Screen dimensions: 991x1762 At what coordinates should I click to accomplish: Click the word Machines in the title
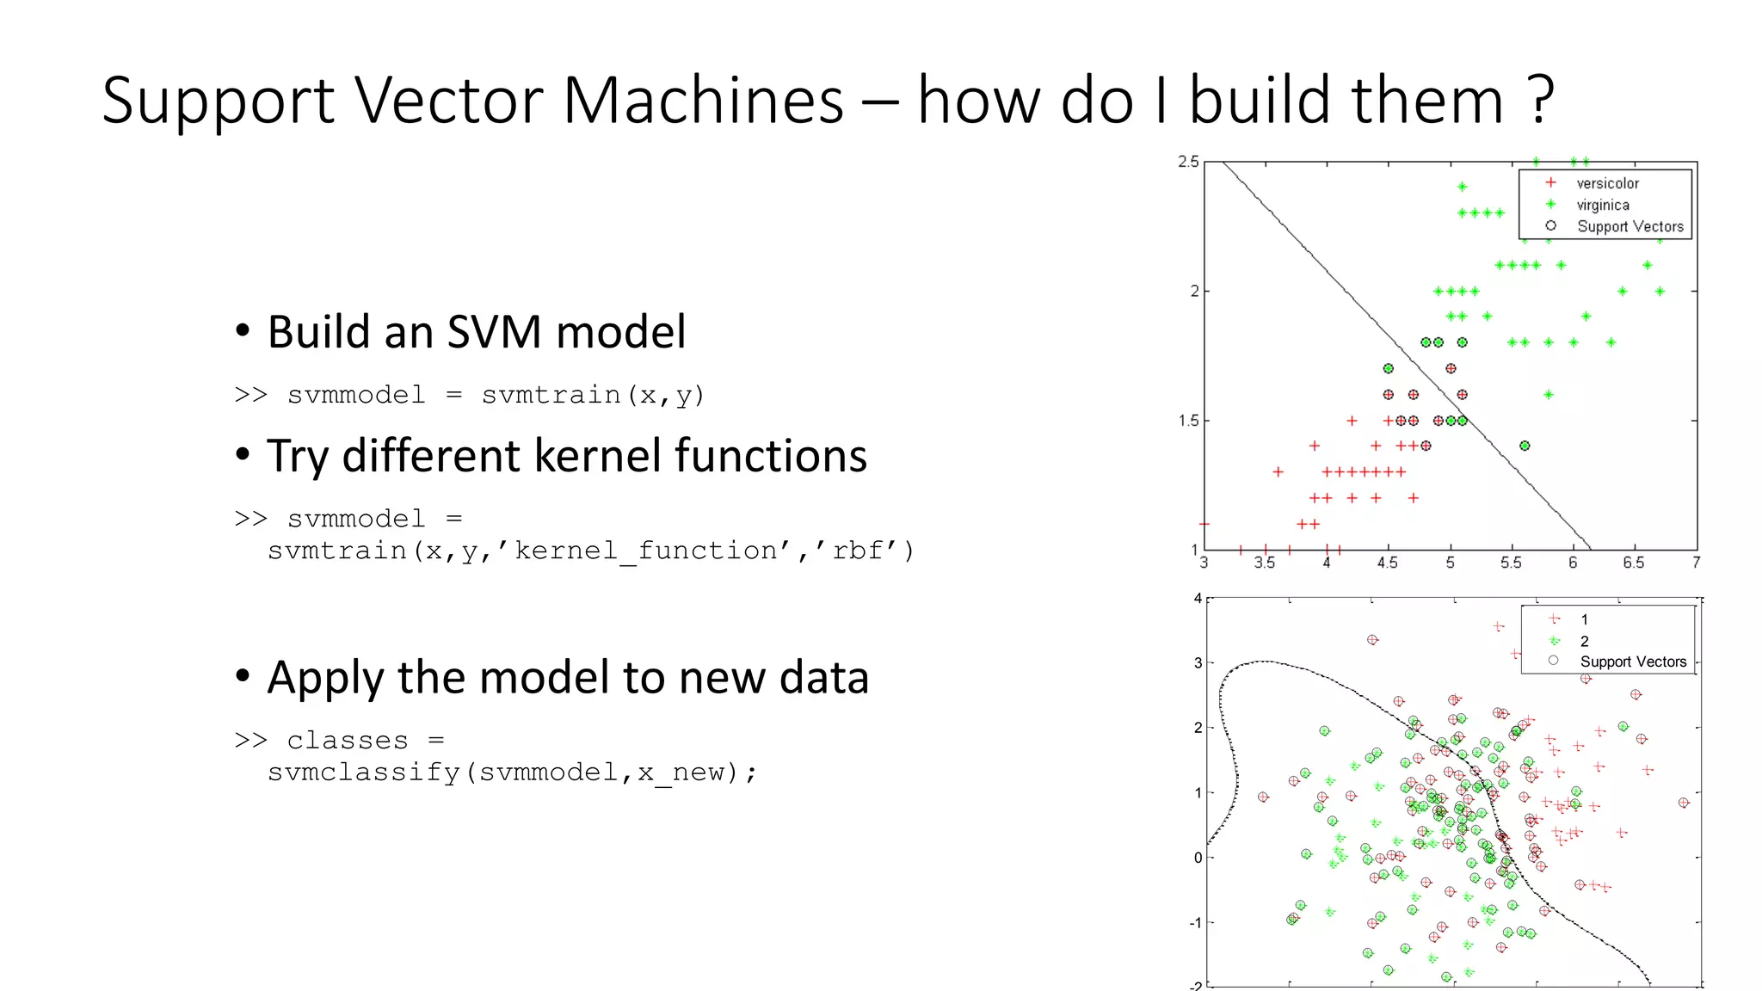[702, 101]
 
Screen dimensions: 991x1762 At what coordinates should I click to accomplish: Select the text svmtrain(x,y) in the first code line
[593, 395]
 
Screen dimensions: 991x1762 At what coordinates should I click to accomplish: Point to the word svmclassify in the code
[363, 772]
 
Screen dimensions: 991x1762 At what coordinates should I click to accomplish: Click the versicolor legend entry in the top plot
[1607, 183]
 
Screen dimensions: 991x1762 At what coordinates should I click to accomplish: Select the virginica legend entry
[1602, 205]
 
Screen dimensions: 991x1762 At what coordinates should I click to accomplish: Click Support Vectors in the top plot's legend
[1630, 226]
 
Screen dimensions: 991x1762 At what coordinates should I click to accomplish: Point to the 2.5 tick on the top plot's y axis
[1188, 162]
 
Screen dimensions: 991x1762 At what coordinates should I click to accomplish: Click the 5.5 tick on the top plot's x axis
[1511, 563]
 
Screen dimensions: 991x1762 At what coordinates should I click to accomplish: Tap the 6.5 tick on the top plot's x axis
[1633, 563]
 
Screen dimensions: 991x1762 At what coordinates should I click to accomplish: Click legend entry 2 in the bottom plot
[1584, 641]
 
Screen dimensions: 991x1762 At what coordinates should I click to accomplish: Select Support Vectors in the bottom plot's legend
[1632, 662]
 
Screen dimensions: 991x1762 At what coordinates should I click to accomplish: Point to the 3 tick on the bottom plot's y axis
[1198, 662]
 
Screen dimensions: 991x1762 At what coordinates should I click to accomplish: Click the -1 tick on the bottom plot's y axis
[1196, 922]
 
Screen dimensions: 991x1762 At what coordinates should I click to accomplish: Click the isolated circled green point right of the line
[1525, 446]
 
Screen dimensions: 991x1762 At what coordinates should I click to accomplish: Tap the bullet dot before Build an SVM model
[243, 331]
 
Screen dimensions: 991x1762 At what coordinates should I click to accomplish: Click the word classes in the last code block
[348, 741]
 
